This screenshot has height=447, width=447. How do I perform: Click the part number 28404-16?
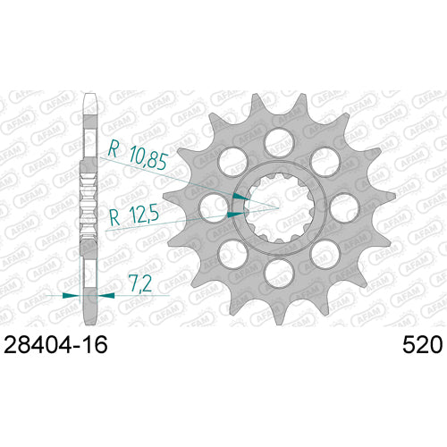[55, 345]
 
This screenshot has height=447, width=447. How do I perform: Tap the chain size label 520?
[422, 345]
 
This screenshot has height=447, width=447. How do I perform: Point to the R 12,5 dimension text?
[134, 216]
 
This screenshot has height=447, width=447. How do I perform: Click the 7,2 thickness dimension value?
[139, 283]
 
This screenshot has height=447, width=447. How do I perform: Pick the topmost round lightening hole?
[279, 142]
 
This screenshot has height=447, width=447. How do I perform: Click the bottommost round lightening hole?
[279, 274]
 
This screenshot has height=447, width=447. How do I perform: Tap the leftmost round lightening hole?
[214, 208]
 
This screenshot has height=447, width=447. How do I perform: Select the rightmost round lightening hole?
[344, 208]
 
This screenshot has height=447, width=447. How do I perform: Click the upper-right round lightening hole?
[325, 162]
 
